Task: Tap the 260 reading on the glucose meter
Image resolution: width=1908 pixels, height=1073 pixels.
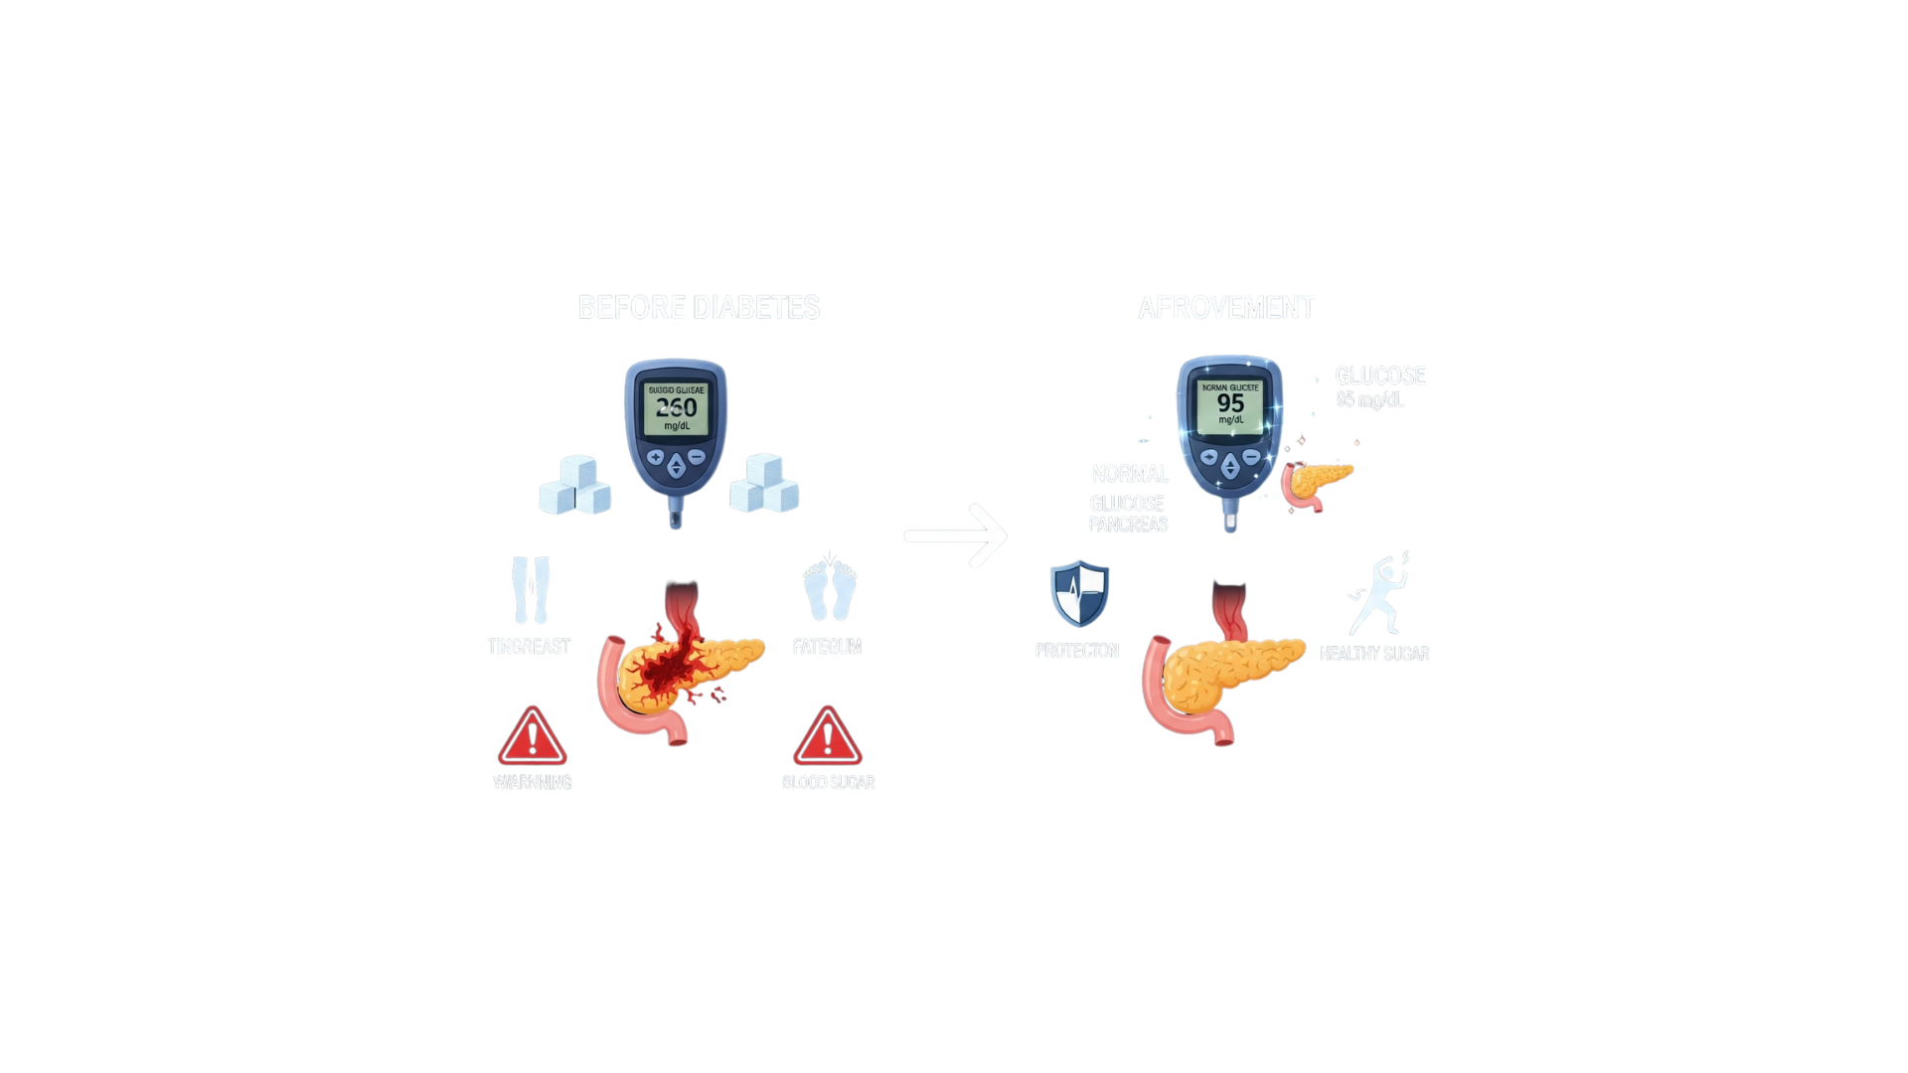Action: pyautogui.click(x=676, y=407)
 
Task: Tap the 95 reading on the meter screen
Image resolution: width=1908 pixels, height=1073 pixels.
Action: pyautogui.click(x=1230, y=403)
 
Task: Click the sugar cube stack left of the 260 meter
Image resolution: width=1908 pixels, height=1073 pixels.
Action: pyautogui.click(x=575, y=486)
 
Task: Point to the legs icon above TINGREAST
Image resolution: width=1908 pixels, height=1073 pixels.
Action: pyautogui.click(x=530, y=590)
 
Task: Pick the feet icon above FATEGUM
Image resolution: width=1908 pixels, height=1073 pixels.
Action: pyautogui.click(x=830, y=590)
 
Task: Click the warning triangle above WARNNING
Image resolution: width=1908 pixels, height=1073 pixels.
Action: pyautogui.click(x=533, y=738)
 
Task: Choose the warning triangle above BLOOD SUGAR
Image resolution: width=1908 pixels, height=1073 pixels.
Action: pyautogui.click(x=827, y=738)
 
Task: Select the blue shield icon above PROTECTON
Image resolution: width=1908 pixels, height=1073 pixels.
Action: pyautogui.click(x=1080, y=593)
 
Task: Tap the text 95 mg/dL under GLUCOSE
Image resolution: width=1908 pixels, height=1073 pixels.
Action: pyautogui.click(x=1369, y=399)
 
